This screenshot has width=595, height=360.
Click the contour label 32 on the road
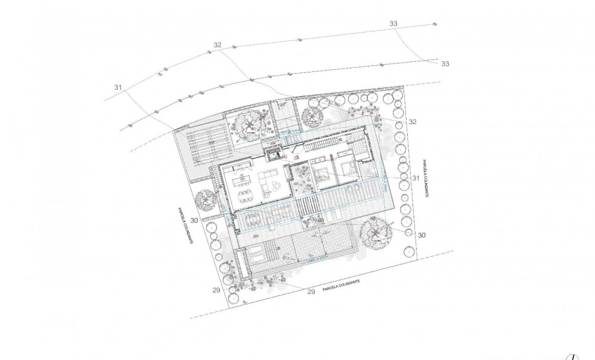(217, 45)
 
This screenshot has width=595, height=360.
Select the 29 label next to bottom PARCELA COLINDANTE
(310, 292)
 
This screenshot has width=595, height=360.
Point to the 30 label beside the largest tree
(422, 235)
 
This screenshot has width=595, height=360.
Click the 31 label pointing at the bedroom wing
(416, 178)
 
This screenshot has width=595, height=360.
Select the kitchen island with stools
(241, 180)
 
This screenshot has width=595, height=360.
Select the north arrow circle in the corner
(572, 357)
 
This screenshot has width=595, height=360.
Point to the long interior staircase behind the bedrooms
(325, 144)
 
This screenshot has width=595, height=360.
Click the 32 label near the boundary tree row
(413, 122)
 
